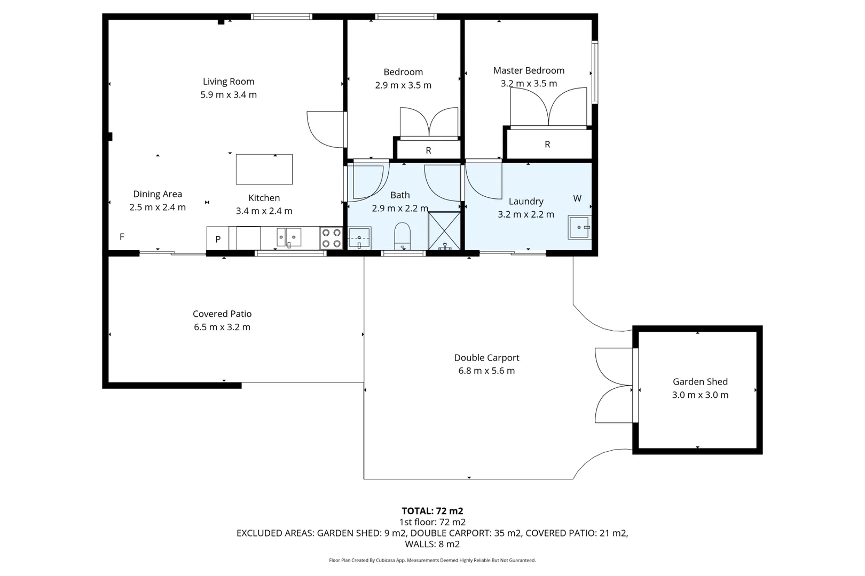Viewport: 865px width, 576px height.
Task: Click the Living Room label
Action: pos(229,82)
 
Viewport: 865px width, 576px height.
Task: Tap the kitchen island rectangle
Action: pos(264,170)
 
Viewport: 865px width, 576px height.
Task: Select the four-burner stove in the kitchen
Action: pos(332,238)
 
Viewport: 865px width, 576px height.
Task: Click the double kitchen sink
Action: pos(289,237)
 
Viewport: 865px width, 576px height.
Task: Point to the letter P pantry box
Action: pos(218,238)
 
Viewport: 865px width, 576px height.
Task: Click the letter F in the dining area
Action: pos(122,236)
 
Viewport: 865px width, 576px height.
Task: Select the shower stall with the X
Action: pos(444,231)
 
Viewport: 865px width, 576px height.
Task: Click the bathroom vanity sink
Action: pos(359,238)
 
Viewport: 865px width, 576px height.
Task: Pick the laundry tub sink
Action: pos(580,227)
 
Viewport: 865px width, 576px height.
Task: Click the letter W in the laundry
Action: pos(577,198)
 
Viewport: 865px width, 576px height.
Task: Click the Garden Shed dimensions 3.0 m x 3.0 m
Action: pos(700,395)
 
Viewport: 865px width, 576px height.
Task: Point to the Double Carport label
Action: pos(486,358)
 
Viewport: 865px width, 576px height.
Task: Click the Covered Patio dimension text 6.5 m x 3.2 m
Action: pos(222,327)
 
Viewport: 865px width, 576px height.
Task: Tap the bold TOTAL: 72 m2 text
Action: pos(433,511)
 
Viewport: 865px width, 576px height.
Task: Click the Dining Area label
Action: pos(158,194)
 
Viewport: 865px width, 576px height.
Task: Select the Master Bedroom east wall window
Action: pos(595,72)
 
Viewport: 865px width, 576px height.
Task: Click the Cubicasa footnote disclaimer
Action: pos(433,560)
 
